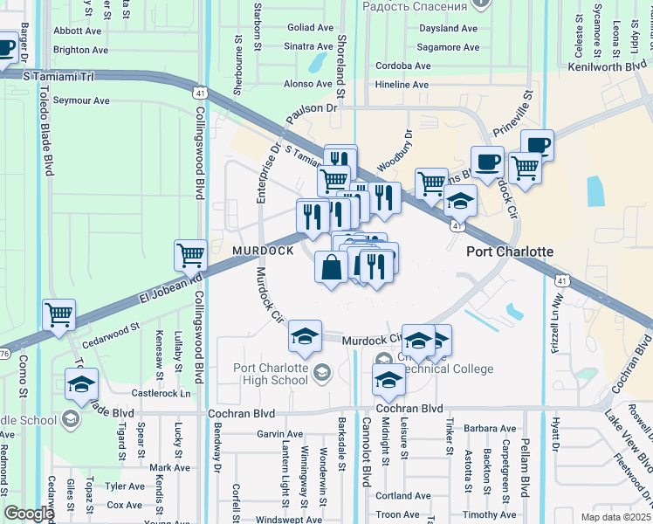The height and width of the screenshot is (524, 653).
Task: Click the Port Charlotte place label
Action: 510,252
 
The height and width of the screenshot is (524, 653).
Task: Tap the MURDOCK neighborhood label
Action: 263,252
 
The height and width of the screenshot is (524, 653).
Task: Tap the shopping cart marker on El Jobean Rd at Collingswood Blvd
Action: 190,255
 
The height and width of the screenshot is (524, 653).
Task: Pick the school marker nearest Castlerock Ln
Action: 81,383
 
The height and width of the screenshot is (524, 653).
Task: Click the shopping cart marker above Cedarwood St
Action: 58,314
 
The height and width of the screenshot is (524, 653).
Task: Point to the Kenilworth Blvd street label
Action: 608,66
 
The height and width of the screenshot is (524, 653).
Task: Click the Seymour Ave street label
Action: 81,100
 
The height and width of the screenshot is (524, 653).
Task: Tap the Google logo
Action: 29,514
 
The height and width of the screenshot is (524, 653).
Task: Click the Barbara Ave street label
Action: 490,429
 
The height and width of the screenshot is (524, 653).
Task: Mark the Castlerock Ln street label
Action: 160,394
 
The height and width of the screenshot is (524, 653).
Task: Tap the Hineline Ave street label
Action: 402,85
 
